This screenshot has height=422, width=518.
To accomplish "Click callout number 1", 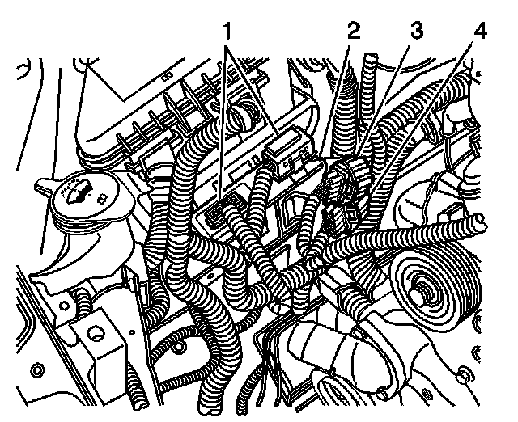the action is pos(227,32).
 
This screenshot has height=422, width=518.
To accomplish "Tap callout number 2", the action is pos(354,31).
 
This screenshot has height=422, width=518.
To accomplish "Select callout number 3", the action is pos(417,31).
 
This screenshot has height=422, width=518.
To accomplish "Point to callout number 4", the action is pos(480,31).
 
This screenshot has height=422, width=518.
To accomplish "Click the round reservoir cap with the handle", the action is pos(92,199).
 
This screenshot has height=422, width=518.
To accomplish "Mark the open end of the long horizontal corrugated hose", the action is pos(479,222).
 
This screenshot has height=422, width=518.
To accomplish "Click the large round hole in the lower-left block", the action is pos(96,334).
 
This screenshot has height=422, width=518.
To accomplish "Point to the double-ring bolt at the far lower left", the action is pos(37,370).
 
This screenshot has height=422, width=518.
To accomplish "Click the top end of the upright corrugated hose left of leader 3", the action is pos(369,57).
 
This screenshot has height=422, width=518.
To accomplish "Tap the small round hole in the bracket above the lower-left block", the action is pos(64,306).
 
